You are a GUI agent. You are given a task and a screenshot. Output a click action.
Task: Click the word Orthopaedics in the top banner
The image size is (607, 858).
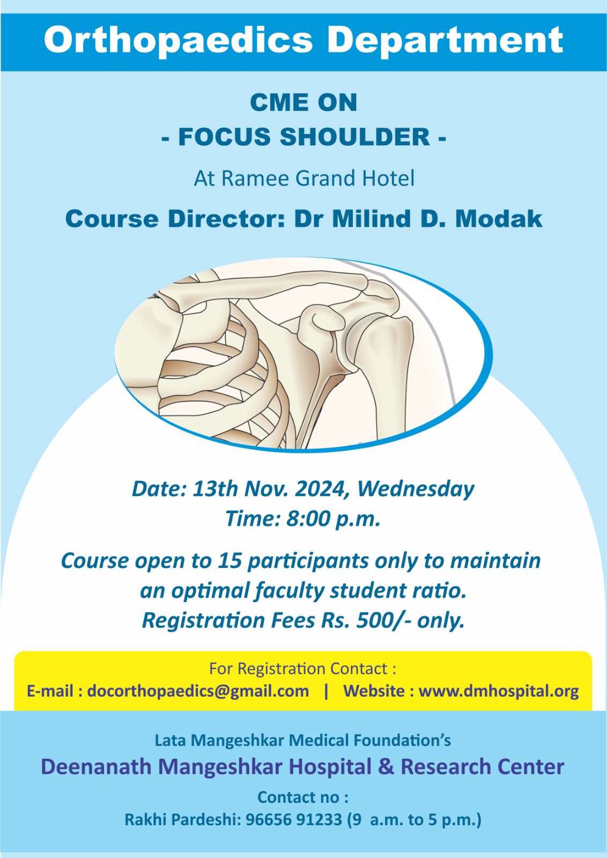pos(179,41)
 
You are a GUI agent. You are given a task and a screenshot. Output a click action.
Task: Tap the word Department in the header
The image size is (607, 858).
pos(445,40)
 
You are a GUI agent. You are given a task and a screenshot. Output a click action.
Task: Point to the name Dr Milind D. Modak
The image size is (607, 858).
pos(418,219)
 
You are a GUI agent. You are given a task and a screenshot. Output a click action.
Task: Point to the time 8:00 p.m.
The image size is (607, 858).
pos(334,520)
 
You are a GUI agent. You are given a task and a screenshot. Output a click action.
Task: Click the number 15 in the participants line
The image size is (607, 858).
pos(230,561)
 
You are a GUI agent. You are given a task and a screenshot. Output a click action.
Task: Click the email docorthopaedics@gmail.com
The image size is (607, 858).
pos(198,691)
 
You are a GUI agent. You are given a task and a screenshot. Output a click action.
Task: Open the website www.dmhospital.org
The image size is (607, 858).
pos(499,691)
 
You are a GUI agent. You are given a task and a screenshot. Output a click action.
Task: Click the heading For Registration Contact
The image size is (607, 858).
pos(302,669)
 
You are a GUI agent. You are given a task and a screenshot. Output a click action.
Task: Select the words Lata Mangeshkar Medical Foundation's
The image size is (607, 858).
pos(302,741)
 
